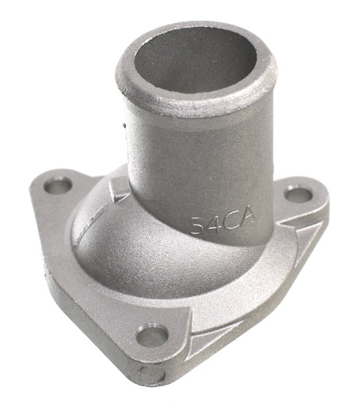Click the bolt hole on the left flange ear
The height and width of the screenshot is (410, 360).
click(x=57, y=185)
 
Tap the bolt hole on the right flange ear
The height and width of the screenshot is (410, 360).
click(x=298, y=194)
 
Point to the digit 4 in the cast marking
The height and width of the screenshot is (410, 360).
click(x=214, y=224)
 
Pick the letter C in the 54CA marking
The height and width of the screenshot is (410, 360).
click(x=231, y=220)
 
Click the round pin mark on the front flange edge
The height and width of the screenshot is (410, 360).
click(x=152, y=375)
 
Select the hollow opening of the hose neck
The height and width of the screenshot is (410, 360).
click(x=195, y=60)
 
